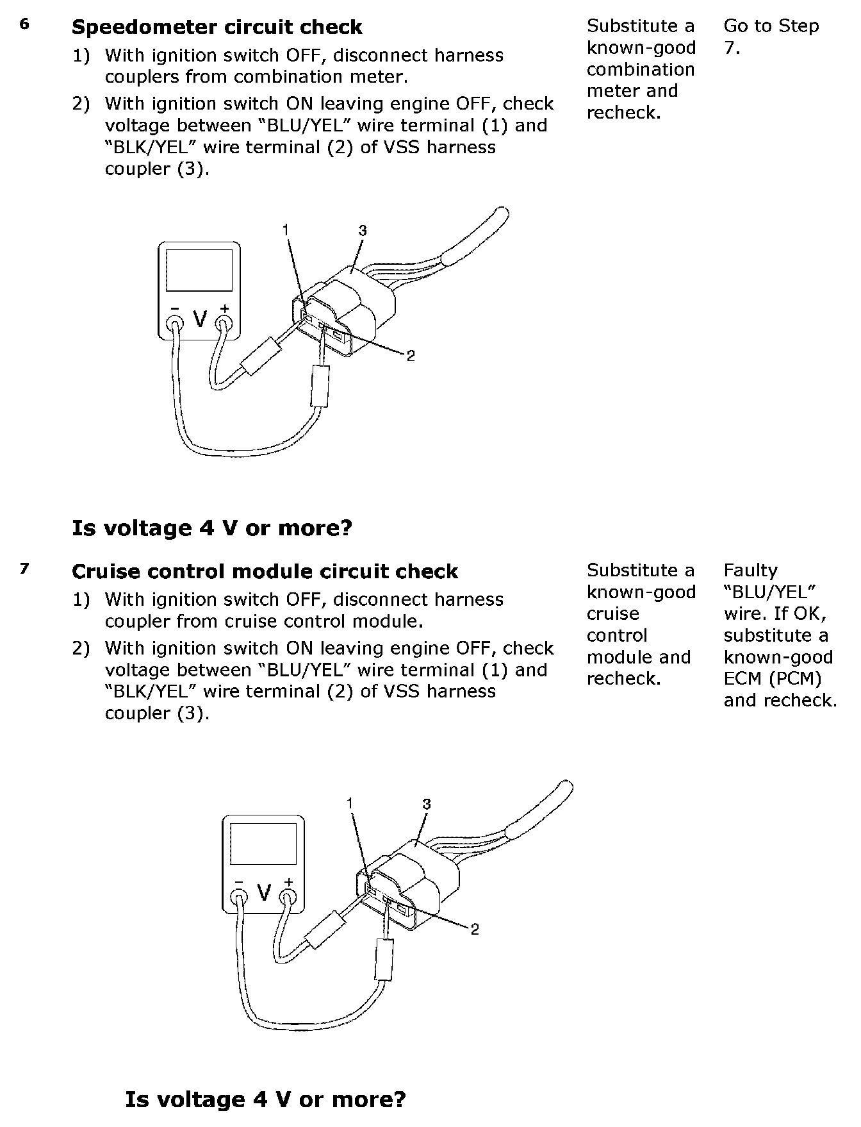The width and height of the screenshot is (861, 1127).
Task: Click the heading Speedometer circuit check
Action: [217, 28]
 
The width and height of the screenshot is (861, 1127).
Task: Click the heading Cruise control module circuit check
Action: [265, 571]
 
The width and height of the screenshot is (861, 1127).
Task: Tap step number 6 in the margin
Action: [24, 25]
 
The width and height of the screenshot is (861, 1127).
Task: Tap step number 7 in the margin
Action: [24, 569]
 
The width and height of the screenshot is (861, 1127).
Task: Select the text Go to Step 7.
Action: [771, 37]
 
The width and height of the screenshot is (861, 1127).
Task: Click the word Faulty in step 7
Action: [750, 570]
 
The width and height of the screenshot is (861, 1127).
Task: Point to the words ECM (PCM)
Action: [772, 678]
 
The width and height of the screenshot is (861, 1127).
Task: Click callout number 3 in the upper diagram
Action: [363, 231]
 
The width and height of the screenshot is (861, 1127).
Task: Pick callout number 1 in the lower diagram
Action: [350, 803]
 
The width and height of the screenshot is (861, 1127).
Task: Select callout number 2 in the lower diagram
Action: [475, 929]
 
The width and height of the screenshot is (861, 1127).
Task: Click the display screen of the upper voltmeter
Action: [199, 270]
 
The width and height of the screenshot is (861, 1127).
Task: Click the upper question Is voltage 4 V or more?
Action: [212, 528]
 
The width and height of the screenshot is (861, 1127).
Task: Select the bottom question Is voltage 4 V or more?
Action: [265, 1099]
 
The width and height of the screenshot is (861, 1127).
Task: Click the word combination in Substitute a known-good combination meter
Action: [640, 69]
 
